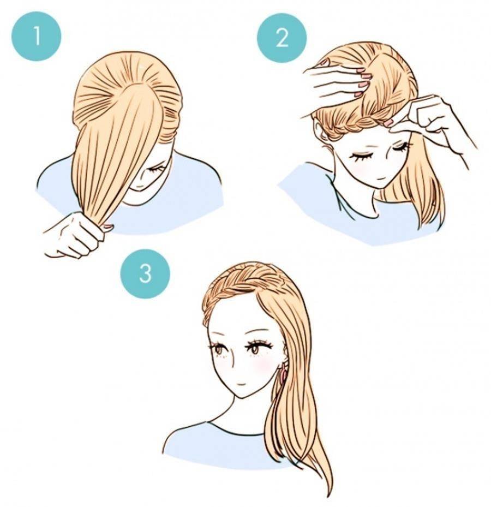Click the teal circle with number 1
(x=37, y=37)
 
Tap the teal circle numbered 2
(x=282, y=37)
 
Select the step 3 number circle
(x=145, y=273)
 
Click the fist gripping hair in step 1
(x=74, y=235)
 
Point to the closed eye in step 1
(x=155, y=170)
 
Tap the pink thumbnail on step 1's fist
(x=107, y=226)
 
